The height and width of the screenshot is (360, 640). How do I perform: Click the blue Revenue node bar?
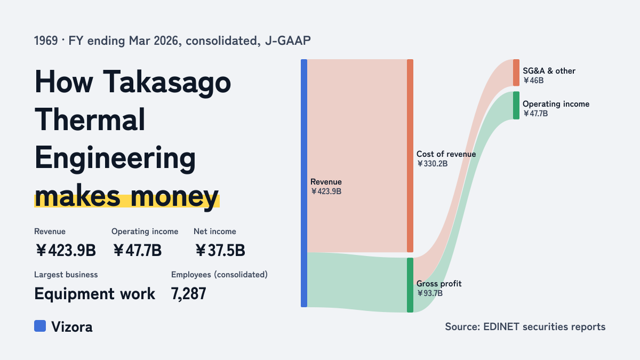[x=304, y=183]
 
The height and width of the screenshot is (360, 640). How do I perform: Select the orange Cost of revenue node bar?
[x=410, y=156]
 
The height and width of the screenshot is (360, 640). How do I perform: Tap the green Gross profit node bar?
[x=410, y=285]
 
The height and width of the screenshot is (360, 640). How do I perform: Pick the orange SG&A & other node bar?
[x=516, y=73]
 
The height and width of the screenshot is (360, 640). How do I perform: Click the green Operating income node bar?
[x=516, y=106]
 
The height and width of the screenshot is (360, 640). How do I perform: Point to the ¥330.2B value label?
[x=432, y=164]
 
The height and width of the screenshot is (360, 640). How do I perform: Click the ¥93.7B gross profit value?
[x=429, y=293]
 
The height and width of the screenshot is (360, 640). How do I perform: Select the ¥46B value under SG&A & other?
[x=533, y=81]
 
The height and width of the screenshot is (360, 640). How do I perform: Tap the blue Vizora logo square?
[x=40, y=326]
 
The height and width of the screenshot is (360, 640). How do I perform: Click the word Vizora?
[x=71, y=327]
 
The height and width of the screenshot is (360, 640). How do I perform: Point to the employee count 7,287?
[x=189, y=294]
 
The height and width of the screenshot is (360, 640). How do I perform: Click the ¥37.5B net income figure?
[x=220, y=250]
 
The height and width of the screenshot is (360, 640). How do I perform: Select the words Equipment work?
[x=94, y=294]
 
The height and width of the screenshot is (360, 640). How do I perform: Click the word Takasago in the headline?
[x=166, y=83]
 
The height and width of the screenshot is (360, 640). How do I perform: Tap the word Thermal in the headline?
[x=90, y=119]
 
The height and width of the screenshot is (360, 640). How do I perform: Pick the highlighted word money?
[x=174, y=197]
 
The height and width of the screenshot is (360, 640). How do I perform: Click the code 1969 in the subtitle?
[x=46, y=41]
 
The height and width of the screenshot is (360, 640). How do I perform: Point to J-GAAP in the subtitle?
[x=287, y=41]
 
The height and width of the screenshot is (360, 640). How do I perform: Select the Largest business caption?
[x=66, y=275]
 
